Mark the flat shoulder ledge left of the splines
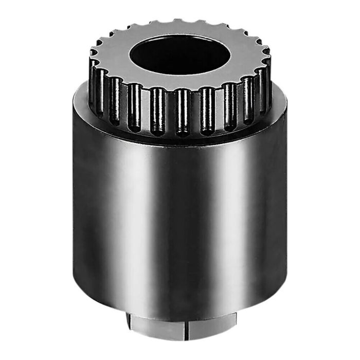(82, 100)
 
